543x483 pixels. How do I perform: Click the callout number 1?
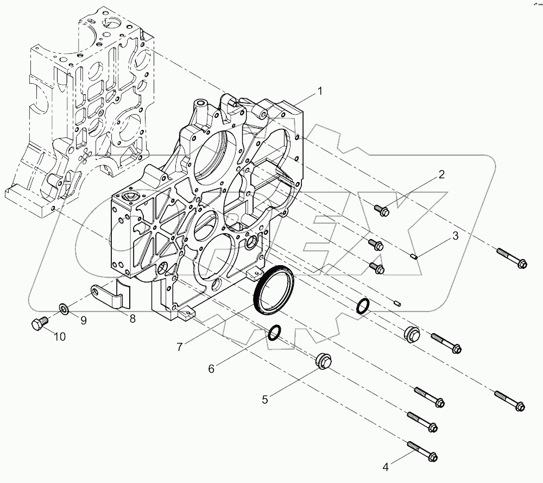(x=319, y=91)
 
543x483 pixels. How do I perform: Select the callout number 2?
(x=441, y=174)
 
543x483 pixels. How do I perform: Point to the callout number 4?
(x=386, y=466)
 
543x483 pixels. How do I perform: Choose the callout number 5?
(x=265, y=400)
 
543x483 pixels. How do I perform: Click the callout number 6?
(x=211, y=368)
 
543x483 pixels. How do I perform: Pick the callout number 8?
(x=132, y=319)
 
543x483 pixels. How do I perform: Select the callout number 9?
(x=83, y=320)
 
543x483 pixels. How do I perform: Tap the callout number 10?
(x=59, y=337)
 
